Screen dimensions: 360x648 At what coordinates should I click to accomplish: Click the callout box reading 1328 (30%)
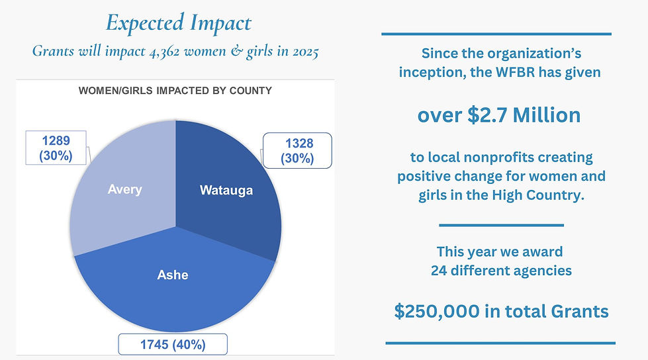click(x=297, y=151)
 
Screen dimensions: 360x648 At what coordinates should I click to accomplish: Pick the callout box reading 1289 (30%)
click(x=58, y=148)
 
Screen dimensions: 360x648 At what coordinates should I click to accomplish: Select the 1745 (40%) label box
click(x=173, y=344)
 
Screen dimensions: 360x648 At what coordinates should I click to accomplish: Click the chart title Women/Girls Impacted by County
click(x=175, y=90)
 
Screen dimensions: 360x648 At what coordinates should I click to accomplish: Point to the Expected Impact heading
click(x=179, y=24)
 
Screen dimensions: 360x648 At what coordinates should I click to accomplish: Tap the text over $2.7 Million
click(x=498, y=115)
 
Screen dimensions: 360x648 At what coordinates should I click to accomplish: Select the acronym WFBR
click(x=512, y=72)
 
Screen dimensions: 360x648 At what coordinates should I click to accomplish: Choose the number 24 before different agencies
click(x=439, y=271)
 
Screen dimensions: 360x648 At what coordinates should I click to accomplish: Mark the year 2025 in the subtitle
click(x=301, y=52)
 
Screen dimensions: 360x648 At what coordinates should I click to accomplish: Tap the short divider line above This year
click(x=501, y=226)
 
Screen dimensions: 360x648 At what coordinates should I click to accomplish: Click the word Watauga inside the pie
click(x=226, y=191)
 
